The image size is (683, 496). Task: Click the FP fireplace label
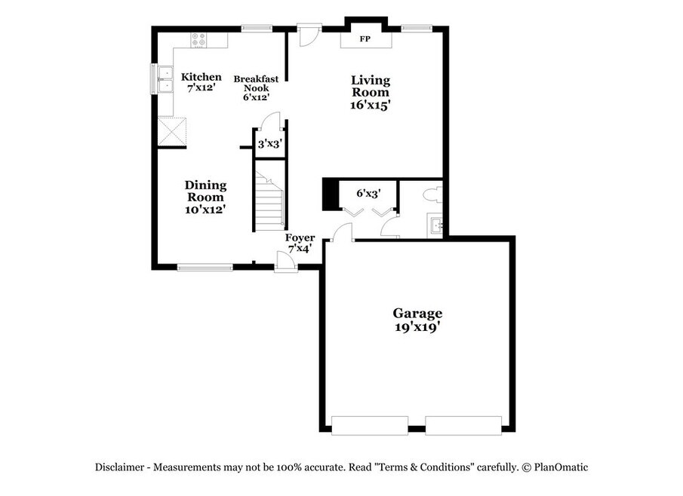(365, 39)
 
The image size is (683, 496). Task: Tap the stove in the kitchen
(199, 40)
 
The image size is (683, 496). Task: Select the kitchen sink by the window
(165, 79)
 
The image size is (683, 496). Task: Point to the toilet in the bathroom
(434, 194)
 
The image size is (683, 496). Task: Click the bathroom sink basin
(436, 225)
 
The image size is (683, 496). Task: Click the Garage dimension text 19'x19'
(417, 327)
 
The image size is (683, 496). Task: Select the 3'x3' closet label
(269, 143)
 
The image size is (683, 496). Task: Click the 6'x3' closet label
(368, 193)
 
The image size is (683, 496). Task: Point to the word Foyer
(300, 238)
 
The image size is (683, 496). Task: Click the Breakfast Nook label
(256, 84)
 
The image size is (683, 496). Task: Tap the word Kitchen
(202, 77)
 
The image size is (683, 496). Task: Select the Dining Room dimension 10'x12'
(205, 210)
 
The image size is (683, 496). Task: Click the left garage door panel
(370, 425)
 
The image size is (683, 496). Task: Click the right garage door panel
(463, 425)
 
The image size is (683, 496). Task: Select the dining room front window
(205, 268)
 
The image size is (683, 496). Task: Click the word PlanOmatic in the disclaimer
(561, 467)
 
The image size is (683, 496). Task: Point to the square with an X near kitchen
(172, 131)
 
